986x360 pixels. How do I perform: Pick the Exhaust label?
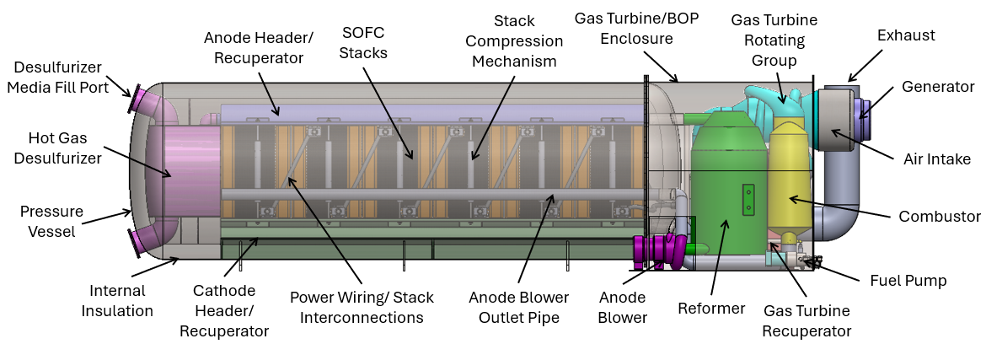point(906,35)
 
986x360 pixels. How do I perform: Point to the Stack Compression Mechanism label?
point(517,40)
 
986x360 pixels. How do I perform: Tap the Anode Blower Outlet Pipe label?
point(519,307)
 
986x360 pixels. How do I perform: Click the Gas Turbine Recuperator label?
point(806,321)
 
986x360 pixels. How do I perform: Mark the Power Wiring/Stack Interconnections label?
point(362,307)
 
